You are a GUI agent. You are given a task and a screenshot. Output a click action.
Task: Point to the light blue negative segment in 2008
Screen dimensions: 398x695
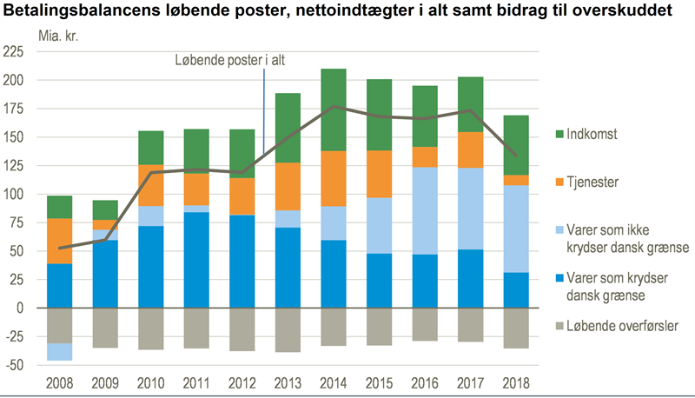point(59,352)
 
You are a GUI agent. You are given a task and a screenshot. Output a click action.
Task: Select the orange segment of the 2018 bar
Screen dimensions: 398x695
point(515,180)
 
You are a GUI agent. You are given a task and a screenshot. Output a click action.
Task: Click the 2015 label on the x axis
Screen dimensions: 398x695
point(380,381)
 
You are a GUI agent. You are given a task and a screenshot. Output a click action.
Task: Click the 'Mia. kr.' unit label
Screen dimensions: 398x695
point(57,36)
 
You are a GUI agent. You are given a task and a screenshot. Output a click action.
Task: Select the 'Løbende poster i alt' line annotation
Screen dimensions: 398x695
point(228,60)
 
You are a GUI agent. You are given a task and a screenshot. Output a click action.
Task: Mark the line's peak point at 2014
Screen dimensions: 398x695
point(334,107)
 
